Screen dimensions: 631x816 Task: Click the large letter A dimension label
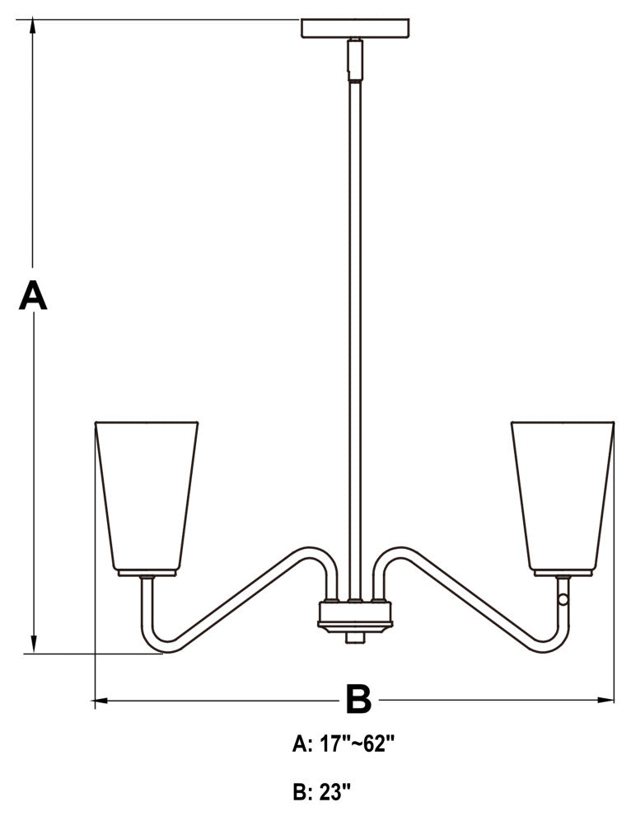point(33,295)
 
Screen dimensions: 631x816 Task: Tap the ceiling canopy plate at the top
point(355,28)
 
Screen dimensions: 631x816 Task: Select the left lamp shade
point(147,498)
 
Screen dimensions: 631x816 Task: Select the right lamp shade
point(563,498)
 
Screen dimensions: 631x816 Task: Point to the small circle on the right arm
point(563,599)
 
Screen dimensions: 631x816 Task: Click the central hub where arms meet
point(355,617)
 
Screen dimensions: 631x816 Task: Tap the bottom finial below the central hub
point(355,638)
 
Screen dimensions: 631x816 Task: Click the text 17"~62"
point(358,744)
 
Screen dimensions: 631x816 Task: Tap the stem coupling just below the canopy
point(355,59)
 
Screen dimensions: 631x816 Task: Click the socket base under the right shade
point(563,574)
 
